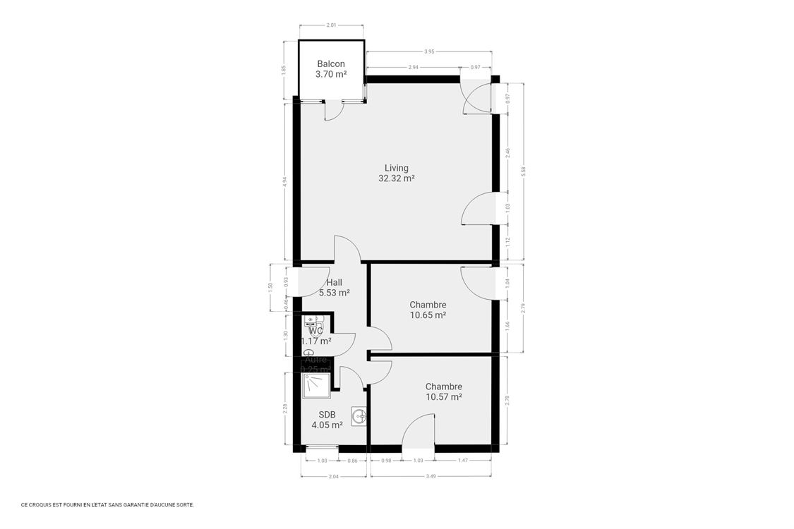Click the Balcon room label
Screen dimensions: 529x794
click(x=331, y=63)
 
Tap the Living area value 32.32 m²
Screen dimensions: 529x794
click(x=396, y=179)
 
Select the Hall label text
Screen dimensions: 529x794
click(x=334, y=282)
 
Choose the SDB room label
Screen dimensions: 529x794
click(x=327, y=415)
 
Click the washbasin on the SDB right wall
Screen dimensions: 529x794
click(x=361, y=416)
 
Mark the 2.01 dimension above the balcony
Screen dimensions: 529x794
click(x=331, y=25)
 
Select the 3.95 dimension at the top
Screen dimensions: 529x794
click(x=429, y=51)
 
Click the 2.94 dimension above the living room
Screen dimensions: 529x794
click(x=413, y=67)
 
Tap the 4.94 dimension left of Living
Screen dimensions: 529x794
click(x=284, y=181)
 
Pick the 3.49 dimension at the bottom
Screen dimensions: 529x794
click(x=430, y=476)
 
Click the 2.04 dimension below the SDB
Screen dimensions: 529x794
click(x=335, y=476)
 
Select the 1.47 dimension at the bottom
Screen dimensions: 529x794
click(x=463, y=461)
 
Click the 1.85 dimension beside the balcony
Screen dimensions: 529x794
click(x=283, y=70)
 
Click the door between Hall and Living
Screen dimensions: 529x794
click(x=347, y=249)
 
